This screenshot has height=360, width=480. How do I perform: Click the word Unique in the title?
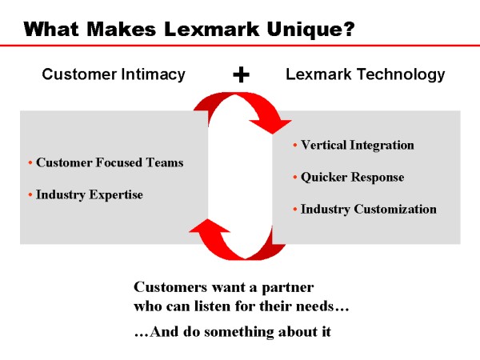point(302,30)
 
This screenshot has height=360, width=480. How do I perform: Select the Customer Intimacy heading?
point(114,74)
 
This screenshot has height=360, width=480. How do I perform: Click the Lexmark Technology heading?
point(365,74)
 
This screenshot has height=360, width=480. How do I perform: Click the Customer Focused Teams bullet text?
point(110,162)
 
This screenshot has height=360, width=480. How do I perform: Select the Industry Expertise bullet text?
point(90,194)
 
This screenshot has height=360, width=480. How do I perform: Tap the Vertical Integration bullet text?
point(357,145)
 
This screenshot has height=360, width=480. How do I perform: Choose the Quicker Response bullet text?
point(352,177)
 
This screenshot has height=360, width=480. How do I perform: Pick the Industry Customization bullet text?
point(368,209)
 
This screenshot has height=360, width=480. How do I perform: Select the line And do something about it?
point(232,331)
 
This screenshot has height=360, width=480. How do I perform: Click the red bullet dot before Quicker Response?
point(294,177)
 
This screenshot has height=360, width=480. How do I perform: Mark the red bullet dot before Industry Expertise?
point(30,194)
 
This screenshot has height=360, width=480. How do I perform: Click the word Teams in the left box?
point(165,162)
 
